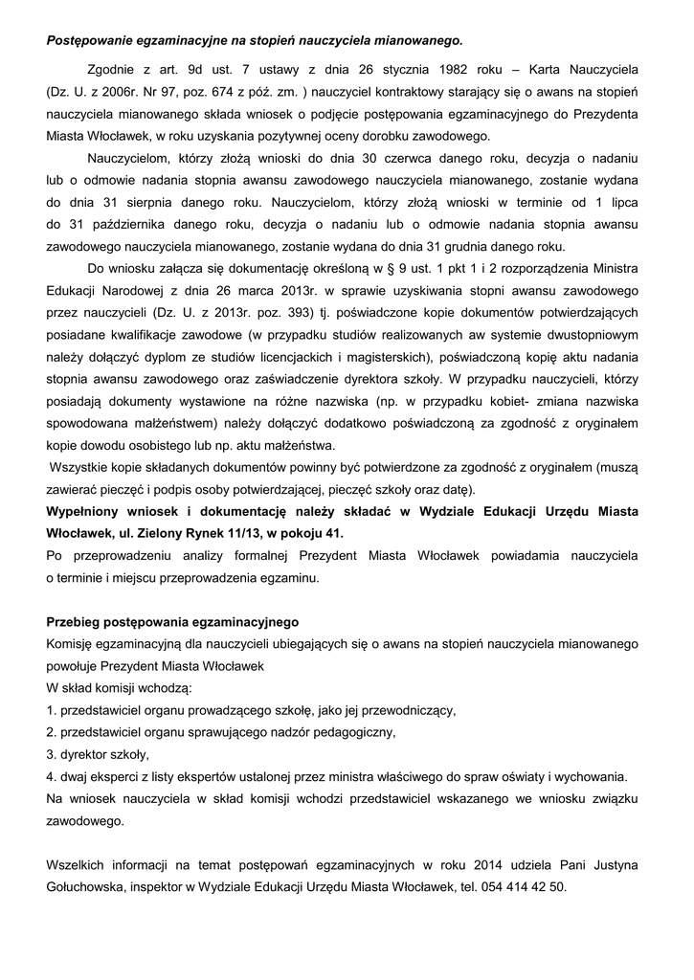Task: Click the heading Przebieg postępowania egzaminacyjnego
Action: coord(172,622)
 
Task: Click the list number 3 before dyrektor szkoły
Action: coord(50,754)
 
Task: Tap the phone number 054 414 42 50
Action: coord(521,887)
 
